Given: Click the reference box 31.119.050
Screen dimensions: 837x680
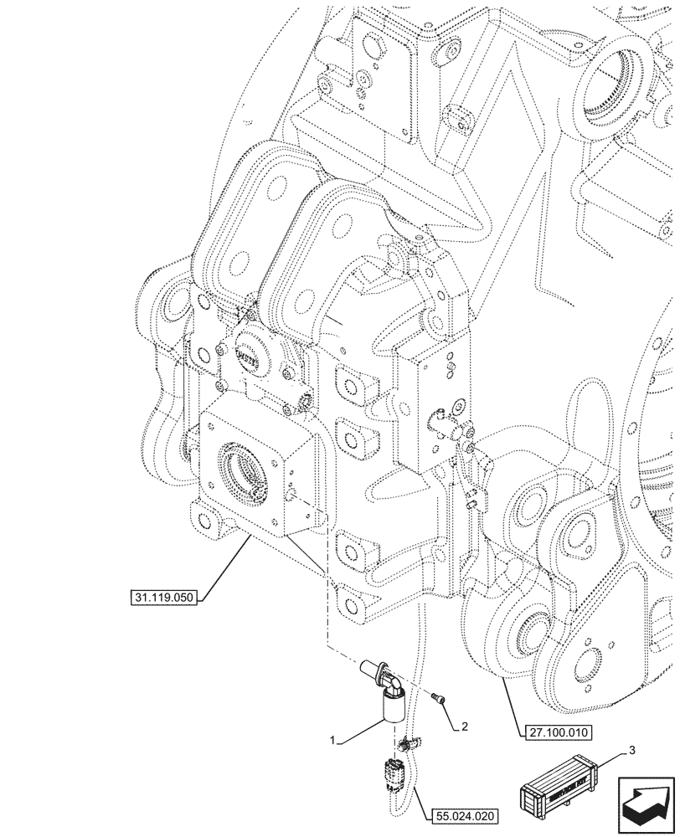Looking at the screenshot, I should point(163,598).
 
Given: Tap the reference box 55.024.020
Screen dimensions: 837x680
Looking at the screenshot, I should point(466,814).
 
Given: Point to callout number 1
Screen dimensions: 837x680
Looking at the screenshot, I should point(333,741).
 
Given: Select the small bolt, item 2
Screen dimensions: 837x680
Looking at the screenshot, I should point(439,697).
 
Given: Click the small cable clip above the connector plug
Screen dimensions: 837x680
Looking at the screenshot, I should point(408,742).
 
